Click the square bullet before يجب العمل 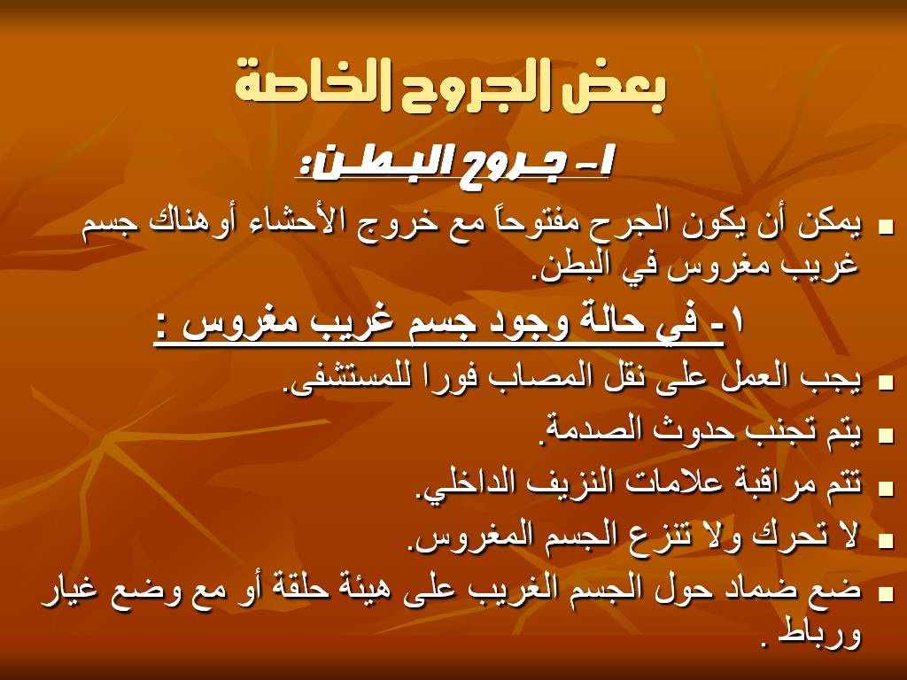[x=885, y=381]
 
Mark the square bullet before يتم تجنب [x=885, y=434]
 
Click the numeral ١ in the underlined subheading [x=737, y=321]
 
